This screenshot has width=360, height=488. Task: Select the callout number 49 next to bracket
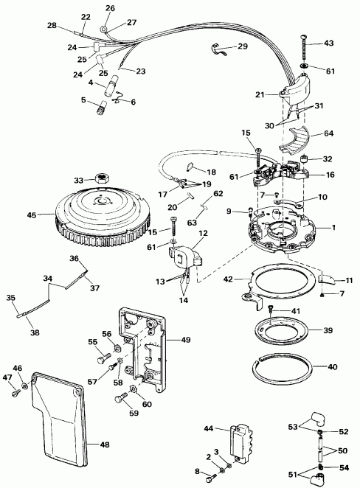click(x=185, y=341)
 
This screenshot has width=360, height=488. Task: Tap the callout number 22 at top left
click(x=86, y=16)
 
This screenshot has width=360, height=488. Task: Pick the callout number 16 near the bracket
click(x=330, y=175)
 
